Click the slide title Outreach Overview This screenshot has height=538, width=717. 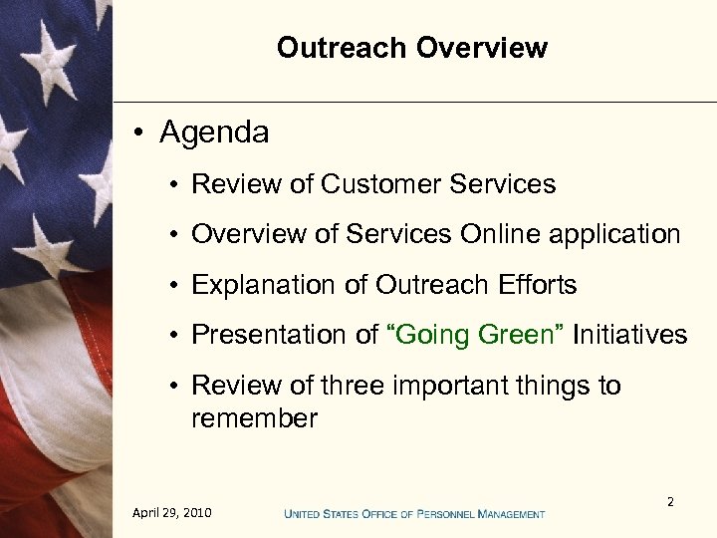tap(412, 48)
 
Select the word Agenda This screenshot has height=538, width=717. tap(214, 133)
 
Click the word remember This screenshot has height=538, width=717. tap(254, 418)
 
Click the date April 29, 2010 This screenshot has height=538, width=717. tap(171, 513)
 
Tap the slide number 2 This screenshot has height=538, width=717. tap(670, 502)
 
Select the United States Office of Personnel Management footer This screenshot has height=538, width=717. tap(414, 514)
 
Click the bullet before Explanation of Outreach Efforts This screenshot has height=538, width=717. tap(174, 286)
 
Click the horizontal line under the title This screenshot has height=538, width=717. tap(414, 102)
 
